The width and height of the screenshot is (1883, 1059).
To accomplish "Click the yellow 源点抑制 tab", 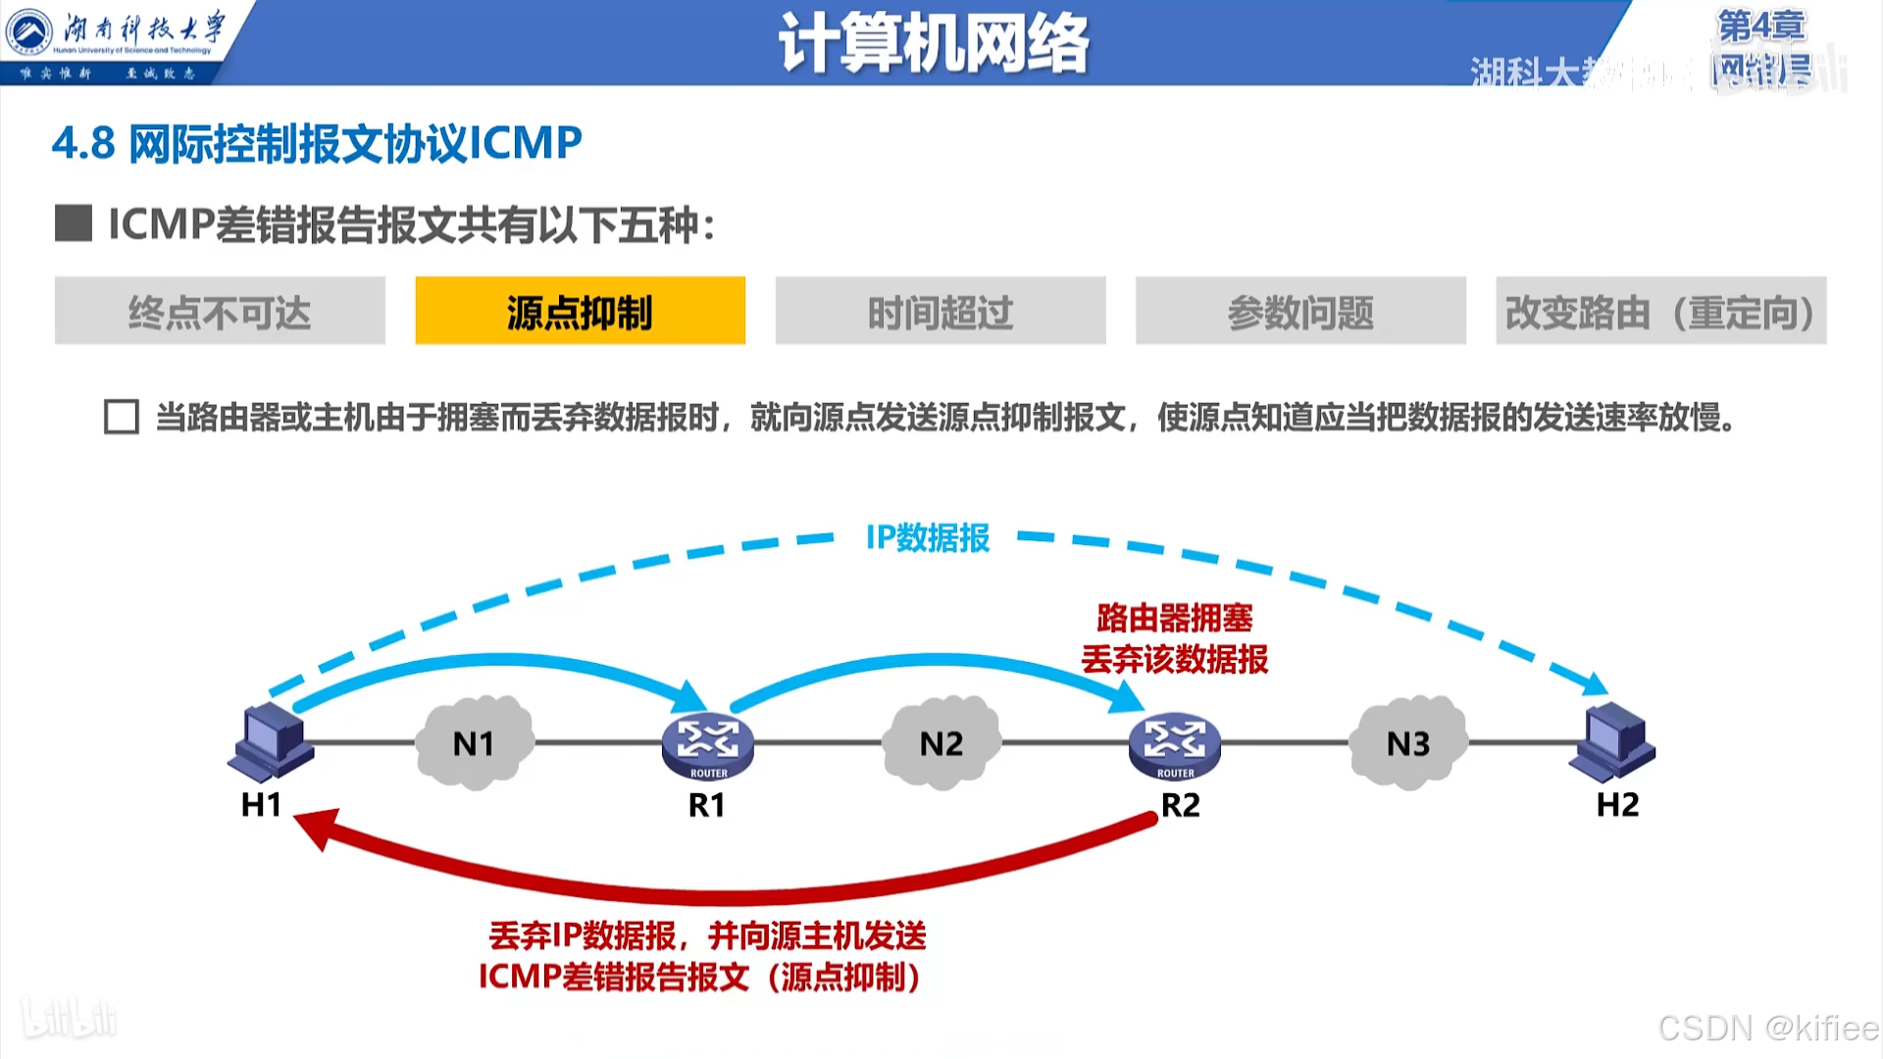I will point(580,311).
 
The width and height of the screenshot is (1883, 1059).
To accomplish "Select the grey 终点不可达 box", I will point(220,311).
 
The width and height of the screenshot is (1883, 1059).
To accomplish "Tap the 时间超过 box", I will point(940,311).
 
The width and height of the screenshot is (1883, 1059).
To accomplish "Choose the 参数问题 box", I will point(1300,311).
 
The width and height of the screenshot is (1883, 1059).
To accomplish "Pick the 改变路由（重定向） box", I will point(1660,311).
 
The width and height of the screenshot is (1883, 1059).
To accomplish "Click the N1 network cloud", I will point(475,743).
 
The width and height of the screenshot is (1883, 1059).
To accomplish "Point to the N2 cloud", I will point(941,743).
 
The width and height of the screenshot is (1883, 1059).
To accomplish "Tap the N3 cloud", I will point(1408,743).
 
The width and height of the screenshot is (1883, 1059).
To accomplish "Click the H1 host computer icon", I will point(272,742).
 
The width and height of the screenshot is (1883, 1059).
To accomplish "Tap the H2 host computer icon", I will point(1613,742).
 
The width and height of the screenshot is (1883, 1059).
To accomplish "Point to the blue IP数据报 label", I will point(928,537).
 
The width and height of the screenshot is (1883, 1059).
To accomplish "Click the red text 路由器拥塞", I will point(1175,618).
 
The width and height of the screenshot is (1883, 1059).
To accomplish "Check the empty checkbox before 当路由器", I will point(122,417).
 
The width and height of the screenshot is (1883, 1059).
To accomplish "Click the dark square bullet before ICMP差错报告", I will point(74,224).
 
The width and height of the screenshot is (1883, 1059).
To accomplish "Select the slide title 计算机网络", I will point(934,43).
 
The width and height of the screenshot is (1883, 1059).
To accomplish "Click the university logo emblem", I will point(29,32).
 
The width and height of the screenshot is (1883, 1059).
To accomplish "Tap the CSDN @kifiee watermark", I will point(1767,1028).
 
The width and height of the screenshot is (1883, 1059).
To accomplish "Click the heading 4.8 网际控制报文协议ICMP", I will point(317,143).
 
